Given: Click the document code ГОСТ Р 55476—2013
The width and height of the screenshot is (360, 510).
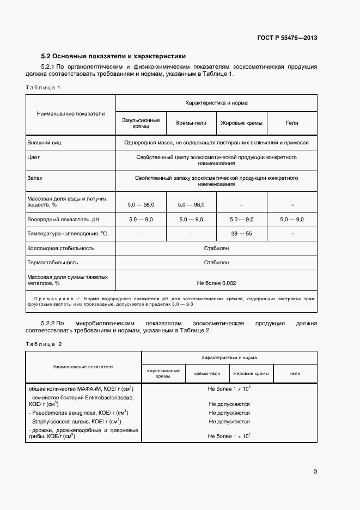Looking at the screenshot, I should (x=287, y=38).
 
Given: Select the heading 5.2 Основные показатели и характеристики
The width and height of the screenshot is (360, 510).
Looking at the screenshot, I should (x=113, y=56).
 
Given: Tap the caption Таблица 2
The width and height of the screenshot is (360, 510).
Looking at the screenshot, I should (x=44, y=344).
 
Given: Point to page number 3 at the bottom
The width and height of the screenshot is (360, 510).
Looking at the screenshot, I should (x=315, y=471).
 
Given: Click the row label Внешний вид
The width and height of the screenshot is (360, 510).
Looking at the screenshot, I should (x=44, y=142).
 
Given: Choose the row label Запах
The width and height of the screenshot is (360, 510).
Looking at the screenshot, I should (x=35, y=178).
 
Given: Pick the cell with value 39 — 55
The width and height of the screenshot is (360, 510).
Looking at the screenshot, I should (x=241, y=234).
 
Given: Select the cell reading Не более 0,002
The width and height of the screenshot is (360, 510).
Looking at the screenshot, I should (x=216, y=283).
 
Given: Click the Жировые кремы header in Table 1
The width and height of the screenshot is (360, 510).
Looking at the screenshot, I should (x=241, y=123).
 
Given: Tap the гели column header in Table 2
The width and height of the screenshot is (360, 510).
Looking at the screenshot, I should (x=295, y=373).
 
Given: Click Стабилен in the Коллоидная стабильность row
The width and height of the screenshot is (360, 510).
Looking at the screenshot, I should (x=216, y=248).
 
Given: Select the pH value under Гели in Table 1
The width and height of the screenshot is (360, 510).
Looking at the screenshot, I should (x=291, y=219).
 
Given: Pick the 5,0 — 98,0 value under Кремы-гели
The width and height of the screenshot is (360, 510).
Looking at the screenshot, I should (x=192, y=204).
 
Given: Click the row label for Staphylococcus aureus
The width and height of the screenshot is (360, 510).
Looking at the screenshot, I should (x=74, y=421).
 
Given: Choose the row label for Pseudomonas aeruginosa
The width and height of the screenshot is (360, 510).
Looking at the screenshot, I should (x=77, y=412).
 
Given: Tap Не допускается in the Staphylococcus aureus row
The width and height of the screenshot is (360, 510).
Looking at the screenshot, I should (x=229, y=421).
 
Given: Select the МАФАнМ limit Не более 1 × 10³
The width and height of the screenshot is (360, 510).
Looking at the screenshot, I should (x=229, y=388).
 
